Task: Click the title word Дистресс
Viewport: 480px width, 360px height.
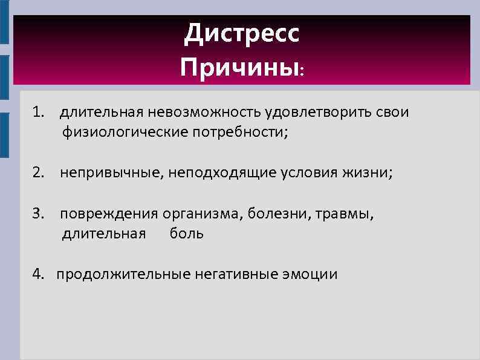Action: tap(241, 34)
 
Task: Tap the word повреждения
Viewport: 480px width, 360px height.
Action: tap(109, 214)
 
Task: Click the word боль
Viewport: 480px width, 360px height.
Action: tap(186, 234)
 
